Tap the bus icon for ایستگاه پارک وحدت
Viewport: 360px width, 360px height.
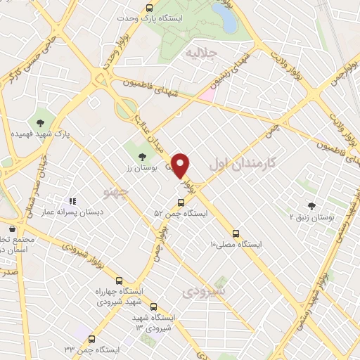tap(149, 8)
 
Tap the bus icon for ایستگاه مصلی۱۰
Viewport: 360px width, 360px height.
tap(236, 234)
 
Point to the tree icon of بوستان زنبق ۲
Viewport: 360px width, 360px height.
tap(311, 206)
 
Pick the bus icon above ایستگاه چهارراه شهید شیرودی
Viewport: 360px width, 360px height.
tap(118, 280)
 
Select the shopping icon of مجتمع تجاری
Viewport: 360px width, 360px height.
tap(11, 229)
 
